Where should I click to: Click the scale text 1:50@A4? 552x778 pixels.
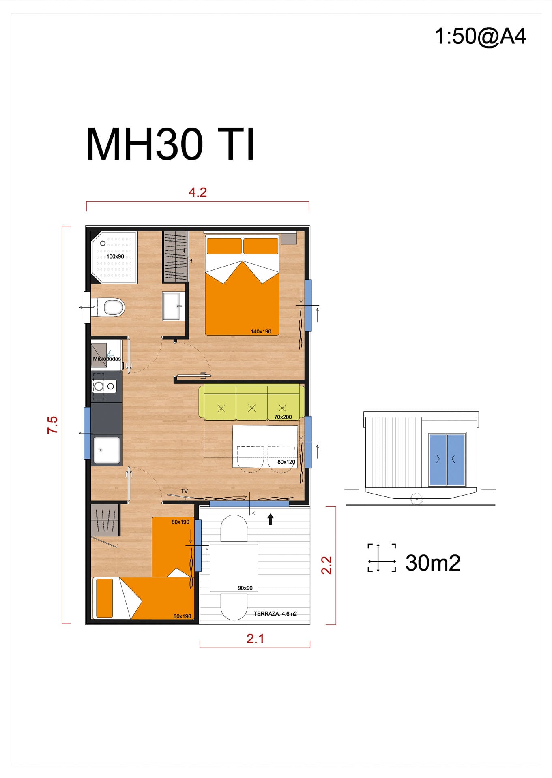point(480,36)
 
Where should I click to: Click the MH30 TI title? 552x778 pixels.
point(171,145)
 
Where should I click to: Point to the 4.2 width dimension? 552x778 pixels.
point(198,192)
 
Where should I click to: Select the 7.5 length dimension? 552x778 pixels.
point(53,425)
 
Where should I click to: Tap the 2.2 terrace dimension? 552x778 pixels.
point(326,565)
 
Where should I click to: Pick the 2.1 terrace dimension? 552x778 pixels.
point(255,639)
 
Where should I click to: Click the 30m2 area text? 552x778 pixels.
point(433,563)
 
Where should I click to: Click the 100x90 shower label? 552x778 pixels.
point(115,256)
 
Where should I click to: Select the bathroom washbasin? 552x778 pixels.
point(174,306)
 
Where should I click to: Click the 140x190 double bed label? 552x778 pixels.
point(261,331)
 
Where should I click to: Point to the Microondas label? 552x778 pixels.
point(107,359)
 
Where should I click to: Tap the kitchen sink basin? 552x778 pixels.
point(107,450)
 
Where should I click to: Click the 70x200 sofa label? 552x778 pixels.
point(283,417)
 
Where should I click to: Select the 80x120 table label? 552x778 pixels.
point(286,462)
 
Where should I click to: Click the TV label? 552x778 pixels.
point(184,491)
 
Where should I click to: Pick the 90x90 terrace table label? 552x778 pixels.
point(245,588)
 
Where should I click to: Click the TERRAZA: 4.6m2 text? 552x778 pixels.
point(275,613)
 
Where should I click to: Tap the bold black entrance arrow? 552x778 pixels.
point(271,519)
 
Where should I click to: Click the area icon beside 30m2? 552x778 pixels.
point(382,558)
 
